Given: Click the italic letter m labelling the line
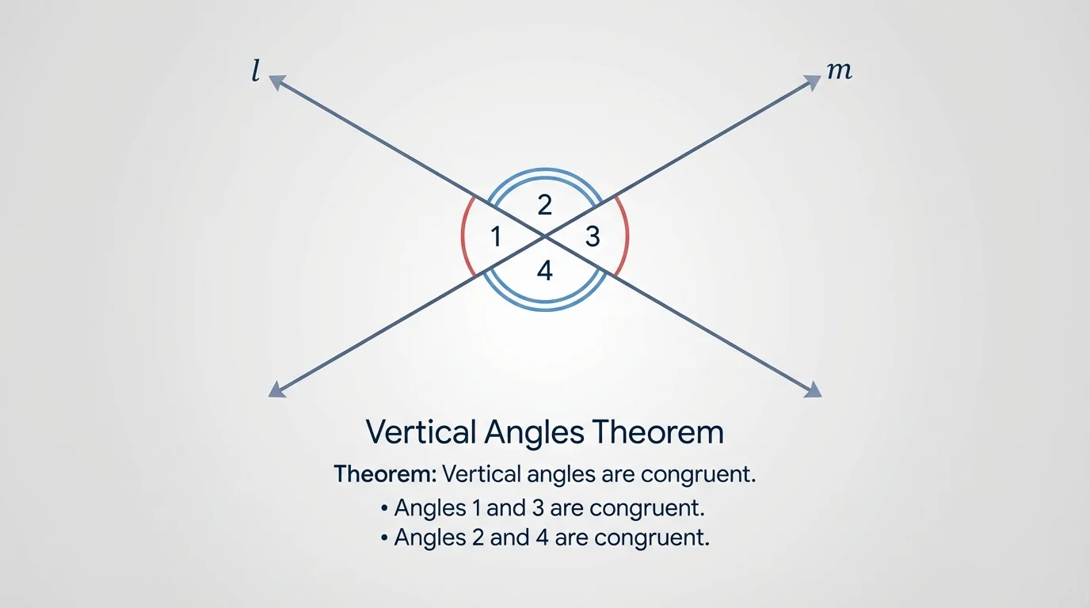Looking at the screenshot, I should (x=839, y=71).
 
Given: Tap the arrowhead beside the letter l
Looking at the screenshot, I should (x=276, y=80).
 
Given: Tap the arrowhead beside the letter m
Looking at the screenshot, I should (x=813, y=81).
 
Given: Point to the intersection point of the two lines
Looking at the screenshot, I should (x=545, y=236).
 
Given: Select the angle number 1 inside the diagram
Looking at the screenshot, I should (x=496, y=236).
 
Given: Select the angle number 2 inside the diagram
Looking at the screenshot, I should (x=544, y=206).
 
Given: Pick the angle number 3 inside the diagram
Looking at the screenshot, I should (x=593, y=236).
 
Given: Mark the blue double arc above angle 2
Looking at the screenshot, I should (x=544, y=172).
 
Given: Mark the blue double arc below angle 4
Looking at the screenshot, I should (x=544, y=306).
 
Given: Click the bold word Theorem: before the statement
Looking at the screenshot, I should (x=385, y=475).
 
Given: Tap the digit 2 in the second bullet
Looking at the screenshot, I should (x=478, y=538).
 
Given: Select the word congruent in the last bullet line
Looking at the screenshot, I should (x=650, y=538).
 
